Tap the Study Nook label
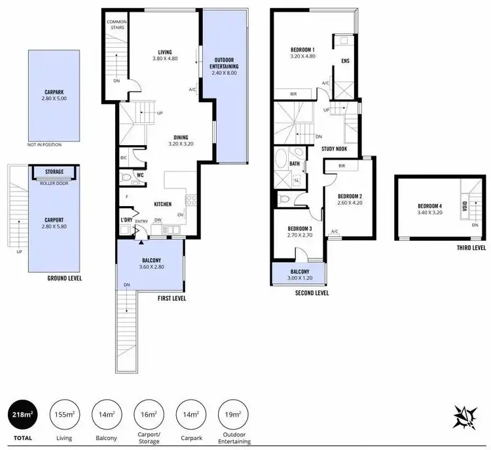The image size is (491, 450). (x=334, y=148)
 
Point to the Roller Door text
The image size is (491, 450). (x=54, y=183)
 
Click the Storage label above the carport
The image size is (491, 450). (x=54, y=172)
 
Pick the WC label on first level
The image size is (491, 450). (x=140, y=175)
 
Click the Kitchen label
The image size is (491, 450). (x=162, y=204)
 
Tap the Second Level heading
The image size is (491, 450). (x=312, y=293)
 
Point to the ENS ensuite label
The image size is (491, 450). (x=345, y=62)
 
